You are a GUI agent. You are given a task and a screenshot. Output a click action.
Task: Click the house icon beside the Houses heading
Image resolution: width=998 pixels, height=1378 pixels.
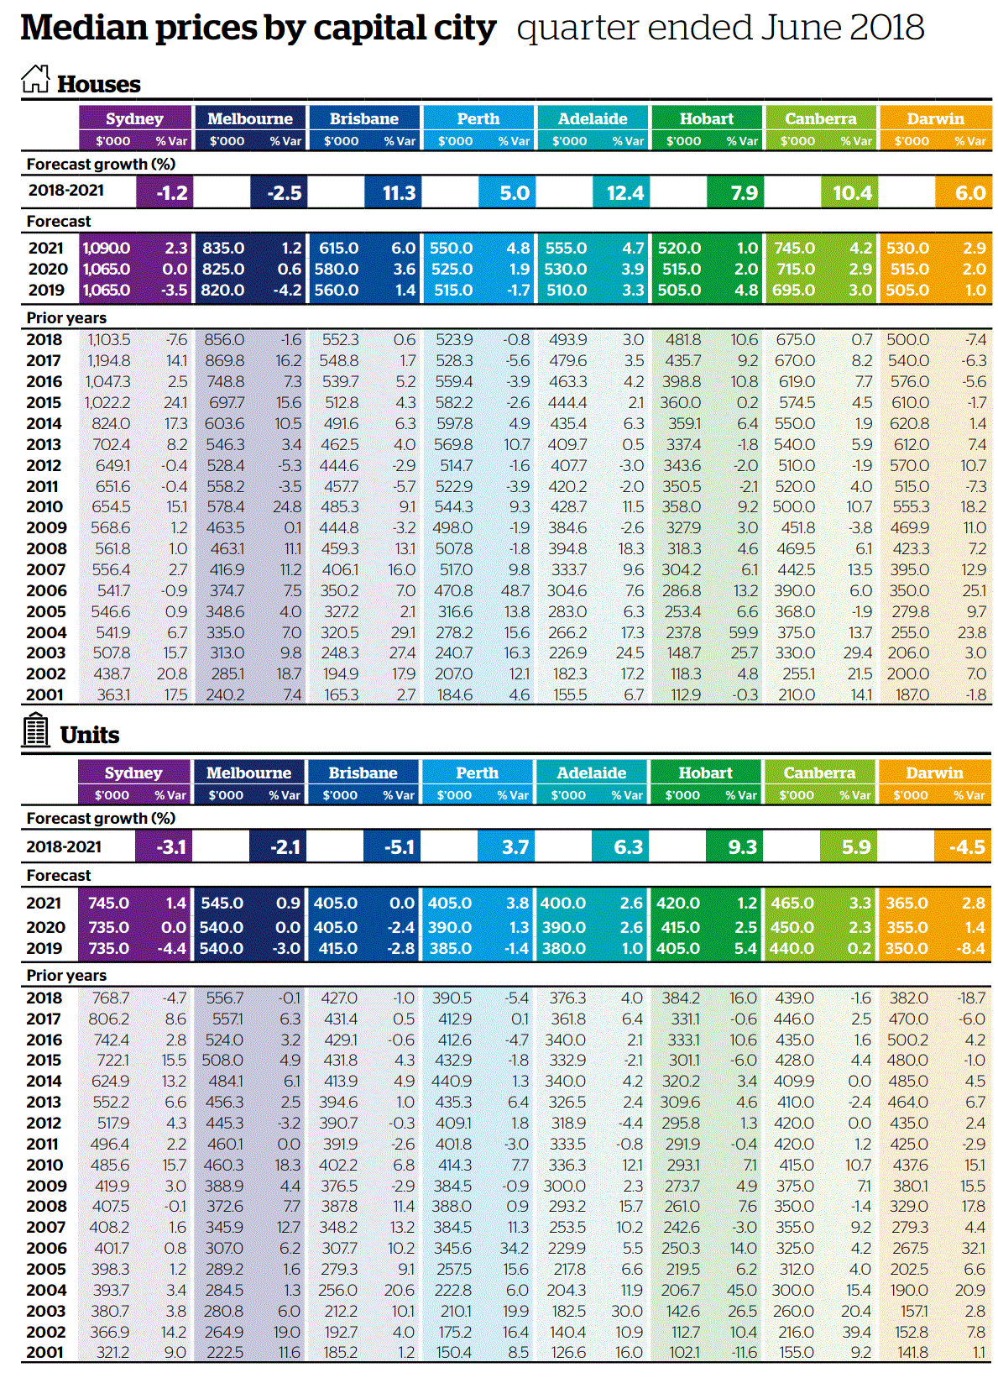(35, 80)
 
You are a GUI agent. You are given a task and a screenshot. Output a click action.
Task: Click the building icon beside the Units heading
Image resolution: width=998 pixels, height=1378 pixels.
(35, 730)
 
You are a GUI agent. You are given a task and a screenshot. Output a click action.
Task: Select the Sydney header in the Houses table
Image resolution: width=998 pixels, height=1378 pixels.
(134, 118)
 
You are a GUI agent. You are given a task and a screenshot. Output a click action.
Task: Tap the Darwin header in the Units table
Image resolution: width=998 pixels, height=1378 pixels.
(934, 773)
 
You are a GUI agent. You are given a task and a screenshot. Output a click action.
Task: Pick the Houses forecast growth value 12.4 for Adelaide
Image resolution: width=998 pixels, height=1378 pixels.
(625, 193)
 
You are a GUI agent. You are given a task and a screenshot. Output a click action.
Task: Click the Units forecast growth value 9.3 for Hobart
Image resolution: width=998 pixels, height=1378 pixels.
(742, 847)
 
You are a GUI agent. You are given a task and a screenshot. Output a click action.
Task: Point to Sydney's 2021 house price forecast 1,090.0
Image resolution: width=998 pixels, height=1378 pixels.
(107, 249)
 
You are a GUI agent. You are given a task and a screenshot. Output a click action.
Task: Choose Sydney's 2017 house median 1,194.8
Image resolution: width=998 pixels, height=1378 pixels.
(109, 361)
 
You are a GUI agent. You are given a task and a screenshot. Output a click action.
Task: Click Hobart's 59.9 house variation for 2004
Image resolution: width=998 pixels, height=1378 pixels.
(744, 633)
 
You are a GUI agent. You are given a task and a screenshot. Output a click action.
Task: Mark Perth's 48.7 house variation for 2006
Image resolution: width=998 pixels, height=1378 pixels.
(515, 591)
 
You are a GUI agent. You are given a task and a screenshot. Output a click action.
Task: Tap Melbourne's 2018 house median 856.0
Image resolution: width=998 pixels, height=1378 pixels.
(224, 340)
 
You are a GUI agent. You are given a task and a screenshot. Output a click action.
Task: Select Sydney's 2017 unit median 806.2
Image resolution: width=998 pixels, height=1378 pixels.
(109, 1019)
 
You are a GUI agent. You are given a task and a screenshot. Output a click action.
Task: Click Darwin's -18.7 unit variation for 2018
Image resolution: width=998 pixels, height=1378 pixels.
(971, 998)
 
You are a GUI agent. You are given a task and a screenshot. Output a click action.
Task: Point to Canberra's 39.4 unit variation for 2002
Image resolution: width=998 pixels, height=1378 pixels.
(857, 1333)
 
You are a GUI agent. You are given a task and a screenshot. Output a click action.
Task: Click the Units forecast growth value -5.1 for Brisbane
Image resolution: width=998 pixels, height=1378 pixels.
(400, 847)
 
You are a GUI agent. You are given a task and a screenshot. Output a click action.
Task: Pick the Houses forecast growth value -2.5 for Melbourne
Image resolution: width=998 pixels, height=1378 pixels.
(285, 193)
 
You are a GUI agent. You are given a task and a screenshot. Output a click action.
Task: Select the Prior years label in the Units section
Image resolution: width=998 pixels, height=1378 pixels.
(66, 976)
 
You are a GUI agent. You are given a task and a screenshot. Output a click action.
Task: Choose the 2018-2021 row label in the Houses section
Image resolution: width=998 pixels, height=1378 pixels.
(66, 191)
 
